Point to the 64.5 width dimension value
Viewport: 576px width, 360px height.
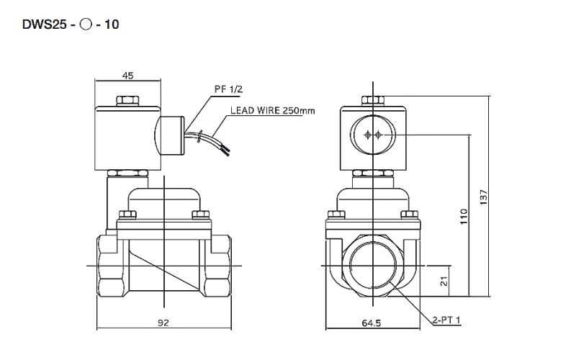click(x=371, y=324)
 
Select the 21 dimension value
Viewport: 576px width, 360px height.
click(x=444, y=281)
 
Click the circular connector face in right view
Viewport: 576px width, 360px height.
click(x=372, y=135)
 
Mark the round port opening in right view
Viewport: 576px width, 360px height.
click(x=371, y=266)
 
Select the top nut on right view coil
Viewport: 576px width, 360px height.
click(x=372, y=100)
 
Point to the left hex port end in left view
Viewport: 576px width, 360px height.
click(x=109, y=266)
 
